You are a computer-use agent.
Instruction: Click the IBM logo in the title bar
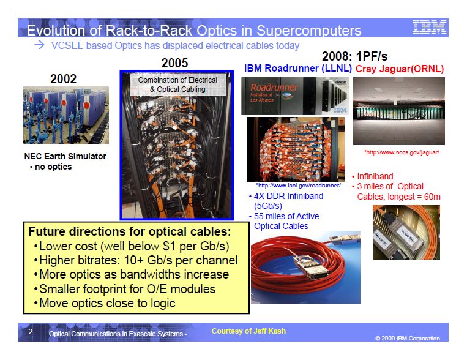429,28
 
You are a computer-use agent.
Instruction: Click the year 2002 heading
64,79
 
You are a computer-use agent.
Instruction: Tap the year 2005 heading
175,63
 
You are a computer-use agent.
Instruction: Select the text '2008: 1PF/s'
355,56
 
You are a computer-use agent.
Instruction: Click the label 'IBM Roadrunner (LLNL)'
298,68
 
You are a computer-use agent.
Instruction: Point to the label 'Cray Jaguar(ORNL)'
400,69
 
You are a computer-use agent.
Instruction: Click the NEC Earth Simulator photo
66,115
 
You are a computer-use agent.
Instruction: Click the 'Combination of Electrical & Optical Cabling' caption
178,84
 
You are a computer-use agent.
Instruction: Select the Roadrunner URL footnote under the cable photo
298,186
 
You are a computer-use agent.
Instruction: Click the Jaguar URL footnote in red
402,152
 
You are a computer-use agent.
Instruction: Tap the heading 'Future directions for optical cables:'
130,231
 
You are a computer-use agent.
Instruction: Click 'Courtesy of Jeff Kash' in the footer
248,331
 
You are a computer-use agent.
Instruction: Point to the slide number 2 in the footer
31,332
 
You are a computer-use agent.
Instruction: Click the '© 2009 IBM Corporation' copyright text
408,338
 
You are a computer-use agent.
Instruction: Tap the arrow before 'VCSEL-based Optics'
39,45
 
